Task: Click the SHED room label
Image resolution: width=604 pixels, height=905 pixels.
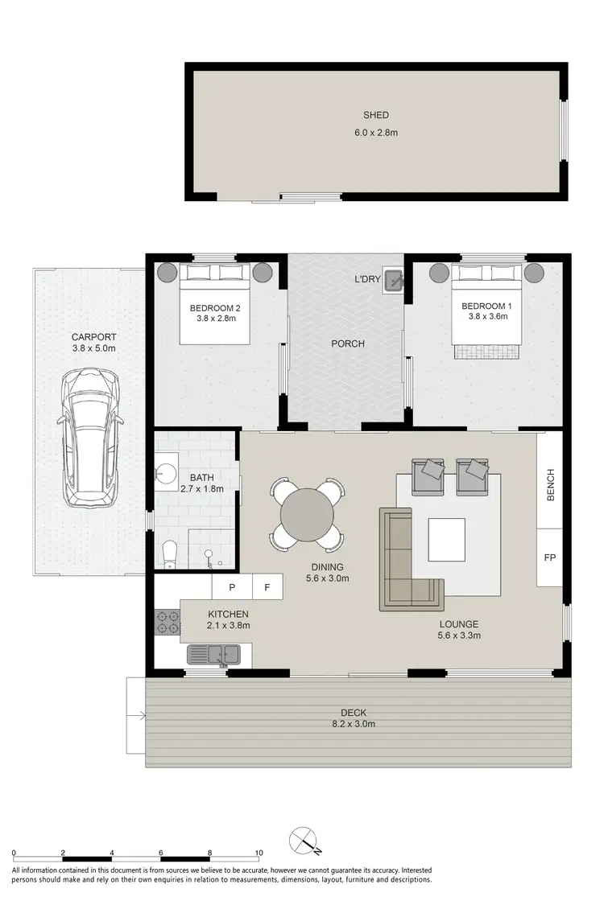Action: tap(375, 116)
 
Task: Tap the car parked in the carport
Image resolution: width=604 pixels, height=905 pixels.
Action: tap(91, 438)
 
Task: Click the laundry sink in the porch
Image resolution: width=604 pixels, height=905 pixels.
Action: tap(394, 279)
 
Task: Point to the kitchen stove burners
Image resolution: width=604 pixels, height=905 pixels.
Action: tap(167, 621)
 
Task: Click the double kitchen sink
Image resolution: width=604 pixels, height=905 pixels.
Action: tap(213, 655)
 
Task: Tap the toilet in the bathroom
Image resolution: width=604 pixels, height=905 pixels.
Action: tap(170, 553)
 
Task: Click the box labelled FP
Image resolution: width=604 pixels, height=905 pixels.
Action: tap(550, 557)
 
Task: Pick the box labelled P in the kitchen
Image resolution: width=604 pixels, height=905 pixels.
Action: tap(232, 586)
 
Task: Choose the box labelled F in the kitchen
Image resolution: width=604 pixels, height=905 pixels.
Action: tap(267, 586)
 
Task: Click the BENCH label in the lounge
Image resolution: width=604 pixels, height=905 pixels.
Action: tap(551, 485)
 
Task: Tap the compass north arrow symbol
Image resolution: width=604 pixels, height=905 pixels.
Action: tap(307, 841)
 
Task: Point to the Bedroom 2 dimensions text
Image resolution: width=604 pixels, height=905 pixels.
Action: tap(215, 319)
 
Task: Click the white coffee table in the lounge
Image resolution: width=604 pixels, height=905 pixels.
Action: tap(446, 539)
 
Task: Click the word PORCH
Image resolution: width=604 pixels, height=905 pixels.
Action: tap(348, 343)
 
